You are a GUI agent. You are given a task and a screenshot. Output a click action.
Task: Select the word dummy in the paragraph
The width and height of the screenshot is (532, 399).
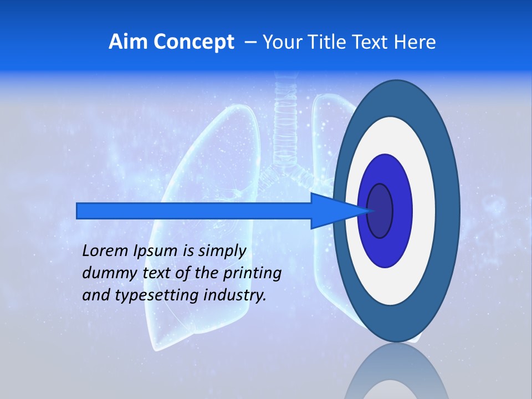[x=104, y=274]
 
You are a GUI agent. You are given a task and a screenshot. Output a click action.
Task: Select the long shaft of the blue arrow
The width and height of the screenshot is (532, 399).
[x=194, y=211]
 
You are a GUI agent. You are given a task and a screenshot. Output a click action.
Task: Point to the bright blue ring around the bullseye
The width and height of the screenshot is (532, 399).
[x=402, y=211]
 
